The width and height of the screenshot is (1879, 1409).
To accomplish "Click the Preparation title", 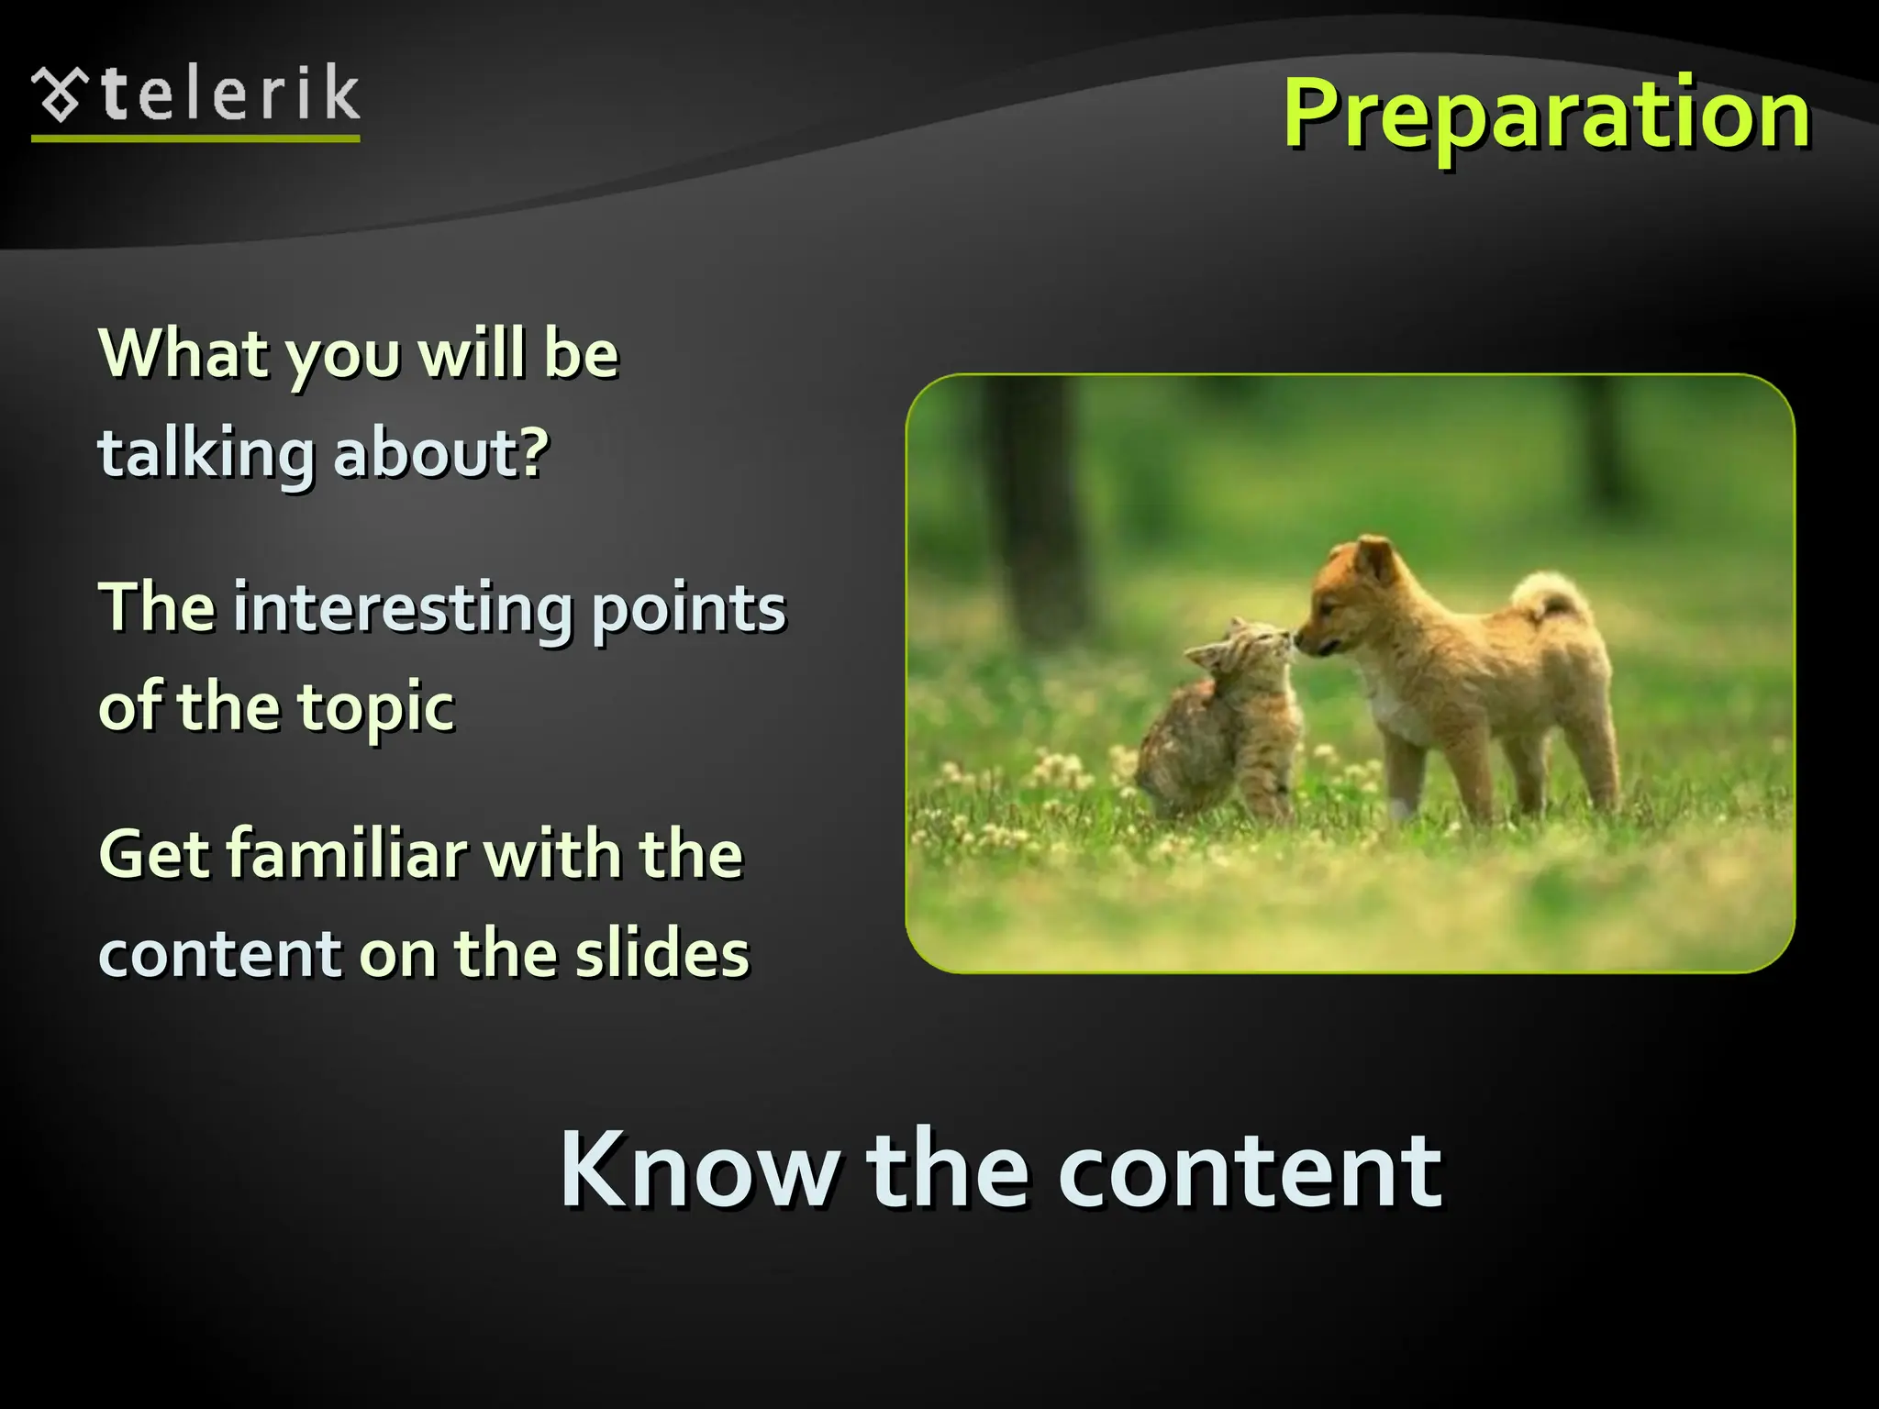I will tap(1546, 115).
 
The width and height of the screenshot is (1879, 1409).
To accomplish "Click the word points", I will tap(689, 610).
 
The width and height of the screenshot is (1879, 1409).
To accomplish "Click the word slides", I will tap(662, 954).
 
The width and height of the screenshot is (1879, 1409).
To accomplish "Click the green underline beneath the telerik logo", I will tap(195, 139).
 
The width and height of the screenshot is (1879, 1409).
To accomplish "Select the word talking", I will tap(206, 454).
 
